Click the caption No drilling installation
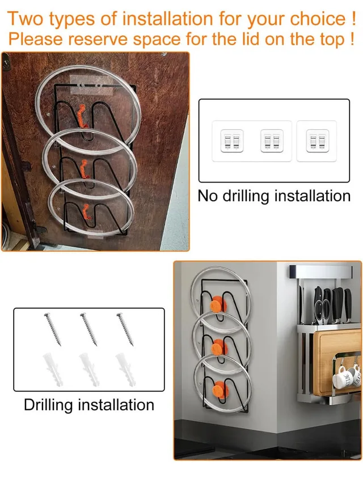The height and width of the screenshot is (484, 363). tap(274, 196)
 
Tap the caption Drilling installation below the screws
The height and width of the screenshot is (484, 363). tap(89, 405)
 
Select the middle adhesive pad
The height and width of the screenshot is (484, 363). tap(272, 141)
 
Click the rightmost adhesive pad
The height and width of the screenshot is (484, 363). tap(316, 141)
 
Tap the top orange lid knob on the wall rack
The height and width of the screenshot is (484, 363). tap(217, 307)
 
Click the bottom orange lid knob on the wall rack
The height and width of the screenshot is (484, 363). tap(216, 390)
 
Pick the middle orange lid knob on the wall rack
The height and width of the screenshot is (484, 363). tap(217, 347)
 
